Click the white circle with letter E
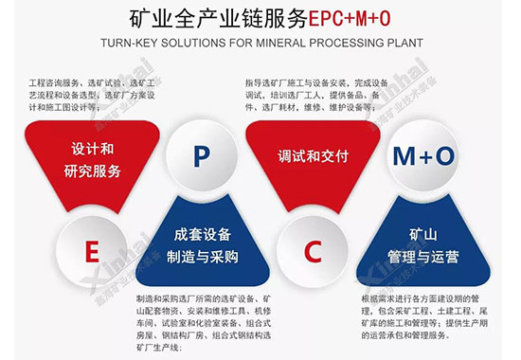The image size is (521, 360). (92, 251)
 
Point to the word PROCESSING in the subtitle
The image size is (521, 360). (348, 44)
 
